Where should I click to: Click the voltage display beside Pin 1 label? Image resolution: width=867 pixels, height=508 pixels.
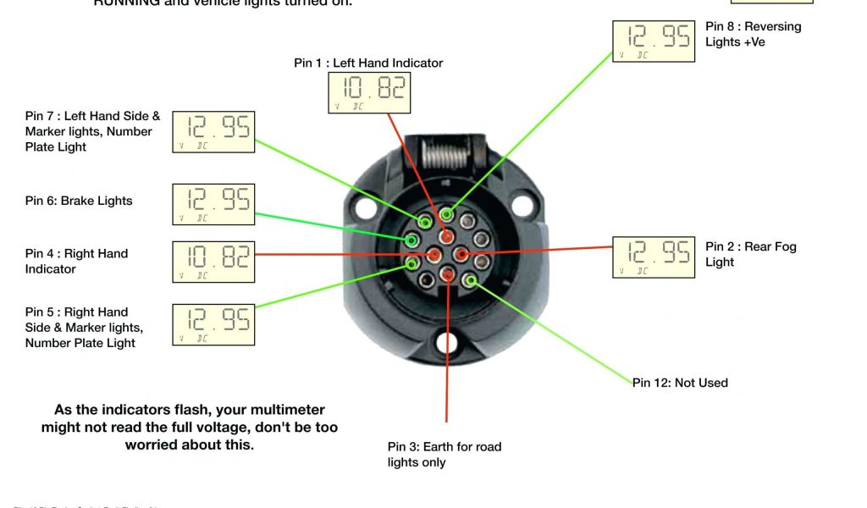pyautogui.click(x=369, y=92)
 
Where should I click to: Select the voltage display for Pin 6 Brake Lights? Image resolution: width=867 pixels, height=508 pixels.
pyautogui.click(x=213, y=204)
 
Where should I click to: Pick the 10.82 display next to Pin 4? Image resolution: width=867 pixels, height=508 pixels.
pyautogui.click(x=213, y=262)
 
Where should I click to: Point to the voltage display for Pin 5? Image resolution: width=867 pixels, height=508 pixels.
pyautogui.click(x=213, y=324)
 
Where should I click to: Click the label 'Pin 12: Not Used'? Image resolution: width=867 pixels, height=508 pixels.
pyautogui.click(x=680, y=383)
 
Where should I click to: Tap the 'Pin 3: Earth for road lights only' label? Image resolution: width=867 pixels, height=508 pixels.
pyautogui.click(x=445, y=455)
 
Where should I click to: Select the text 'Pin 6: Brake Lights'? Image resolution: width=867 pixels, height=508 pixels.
pyautogui.click(x=79, y=201)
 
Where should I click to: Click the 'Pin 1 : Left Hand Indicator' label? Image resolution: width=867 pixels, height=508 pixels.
pyautogui.click(x=368, y=63)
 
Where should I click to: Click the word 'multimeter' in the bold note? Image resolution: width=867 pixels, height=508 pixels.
pyautogui.click(x=284, y=410)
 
